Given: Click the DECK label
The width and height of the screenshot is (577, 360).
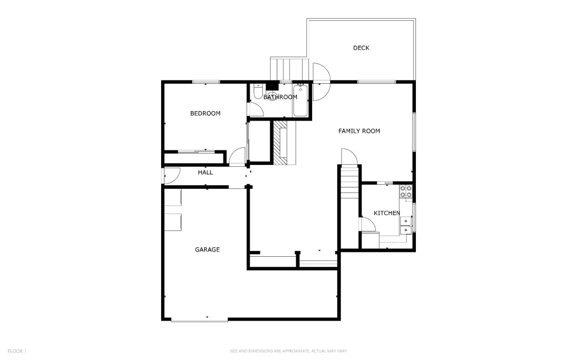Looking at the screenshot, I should click(361, 48).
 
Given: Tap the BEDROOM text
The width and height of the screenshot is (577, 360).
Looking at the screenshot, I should click(205, 114).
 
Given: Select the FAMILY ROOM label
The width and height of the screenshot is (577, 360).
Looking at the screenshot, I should click(359, 131).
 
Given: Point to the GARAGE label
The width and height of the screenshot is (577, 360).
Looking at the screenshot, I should click(207, 250).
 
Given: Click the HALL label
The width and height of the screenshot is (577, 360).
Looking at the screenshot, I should click(205, 173).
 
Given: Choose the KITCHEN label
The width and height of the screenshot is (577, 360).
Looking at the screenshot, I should click(387, 213).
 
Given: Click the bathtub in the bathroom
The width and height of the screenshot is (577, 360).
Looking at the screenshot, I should click(300, 101).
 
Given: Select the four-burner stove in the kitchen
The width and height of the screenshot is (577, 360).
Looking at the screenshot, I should click(406, 192).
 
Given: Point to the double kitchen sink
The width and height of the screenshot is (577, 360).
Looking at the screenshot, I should click(406, 225).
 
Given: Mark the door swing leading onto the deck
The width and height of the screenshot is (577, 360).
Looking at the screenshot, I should click(321, 82).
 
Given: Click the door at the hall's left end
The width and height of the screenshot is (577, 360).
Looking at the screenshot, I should click(171, 176).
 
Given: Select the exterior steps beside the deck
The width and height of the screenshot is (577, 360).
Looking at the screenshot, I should click(289, 69).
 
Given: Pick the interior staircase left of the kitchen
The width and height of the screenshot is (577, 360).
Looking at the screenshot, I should click(349, 184).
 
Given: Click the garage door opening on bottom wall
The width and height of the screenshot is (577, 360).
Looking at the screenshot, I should click(199, 320).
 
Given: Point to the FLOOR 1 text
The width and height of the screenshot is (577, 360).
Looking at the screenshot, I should click(17, 351).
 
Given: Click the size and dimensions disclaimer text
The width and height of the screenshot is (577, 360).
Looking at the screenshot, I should click(288, 351).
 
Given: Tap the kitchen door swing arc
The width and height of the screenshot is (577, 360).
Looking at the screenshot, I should click(368, 225).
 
